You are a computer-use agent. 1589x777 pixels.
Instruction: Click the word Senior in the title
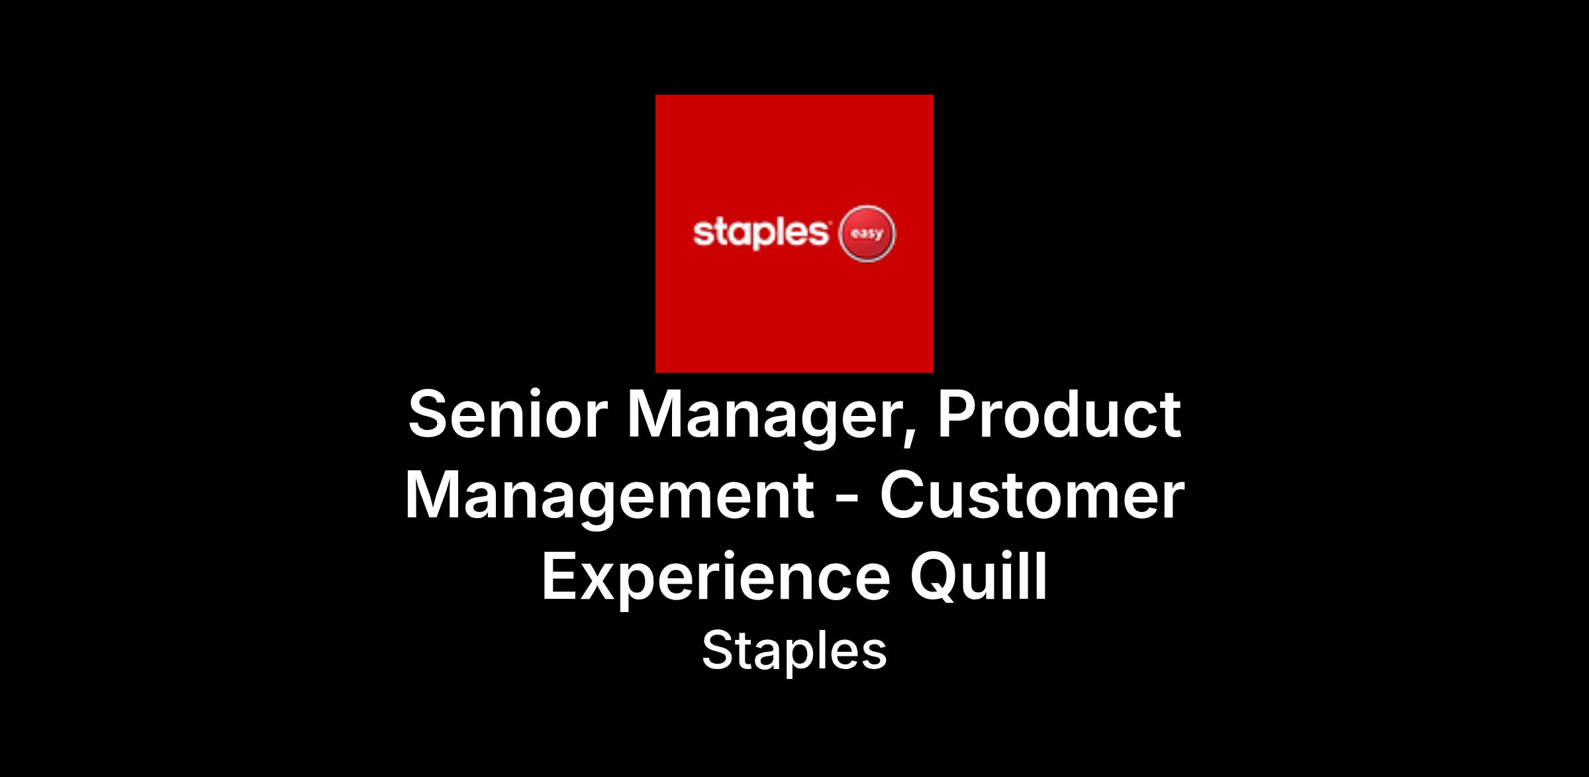(x=508, y=415)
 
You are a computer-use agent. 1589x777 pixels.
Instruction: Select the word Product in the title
(x=1059, y=414)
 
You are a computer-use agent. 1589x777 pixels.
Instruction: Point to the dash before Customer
(x=847, y=501)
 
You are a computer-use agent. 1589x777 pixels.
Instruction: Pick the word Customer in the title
(x=1032, y=495)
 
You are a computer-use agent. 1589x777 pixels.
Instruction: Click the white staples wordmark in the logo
(x=761, y=233)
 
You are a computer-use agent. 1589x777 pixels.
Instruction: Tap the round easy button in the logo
(x=867, y=233)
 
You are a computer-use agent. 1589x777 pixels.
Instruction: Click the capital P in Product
(x=957, y=415)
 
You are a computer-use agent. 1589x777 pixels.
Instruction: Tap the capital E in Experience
(x=560, y=576)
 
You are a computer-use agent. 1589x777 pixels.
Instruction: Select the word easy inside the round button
(x=867, y=234)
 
